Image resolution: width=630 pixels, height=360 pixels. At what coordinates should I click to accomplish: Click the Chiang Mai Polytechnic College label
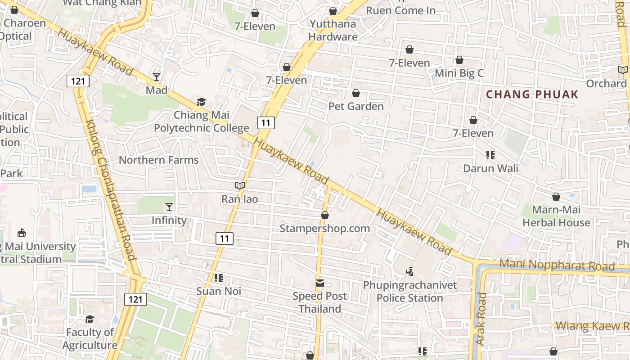click(x=201, y=121)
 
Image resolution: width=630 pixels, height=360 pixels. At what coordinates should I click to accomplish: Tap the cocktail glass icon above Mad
click(x=157, y=77)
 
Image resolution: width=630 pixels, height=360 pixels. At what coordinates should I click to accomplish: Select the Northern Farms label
click(x=158, y=160)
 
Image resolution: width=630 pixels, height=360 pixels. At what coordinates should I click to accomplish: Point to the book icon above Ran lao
click(x=240, y=185)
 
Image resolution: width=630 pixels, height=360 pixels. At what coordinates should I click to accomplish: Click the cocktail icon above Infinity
click(x=169, y=207)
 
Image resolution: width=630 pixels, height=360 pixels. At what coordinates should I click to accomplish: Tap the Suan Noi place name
click(x=219, y=291)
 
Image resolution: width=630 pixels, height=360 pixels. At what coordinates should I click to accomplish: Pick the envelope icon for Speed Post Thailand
click(x=320, y=283)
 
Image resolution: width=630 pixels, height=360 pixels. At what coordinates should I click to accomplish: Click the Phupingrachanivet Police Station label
click(x=410, y=292)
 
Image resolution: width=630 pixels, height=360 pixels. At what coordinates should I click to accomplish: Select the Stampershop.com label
click(x=325, y=229)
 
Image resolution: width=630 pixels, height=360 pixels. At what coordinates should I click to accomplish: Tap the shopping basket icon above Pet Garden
click(x=356, y=94)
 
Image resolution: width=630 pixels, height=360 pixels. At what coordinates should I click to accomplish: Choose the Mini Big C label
click(x=459, y=73)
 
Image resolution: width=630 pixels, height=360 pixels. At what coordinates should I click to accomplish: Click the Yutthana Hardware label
click(x=333, y=30)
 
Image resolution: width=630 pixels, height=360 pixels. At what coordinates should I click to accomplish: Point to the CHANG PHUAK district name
click(x=532, y=94)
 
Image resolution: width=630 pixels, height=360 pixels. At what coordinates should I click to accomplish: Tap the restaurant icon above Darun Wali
click(x=490, y=155)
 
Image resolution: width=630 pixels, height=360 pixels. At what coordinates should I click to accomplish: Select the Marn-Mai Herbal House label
click(x=556, y=216)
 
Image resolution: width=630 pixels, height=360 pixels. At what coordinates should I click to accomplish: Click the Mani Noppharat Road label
click(x=557, y=265)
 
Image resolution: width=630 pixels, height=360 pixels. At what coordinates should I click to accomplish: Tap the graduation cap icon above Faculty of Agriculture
click(x=90, y=319)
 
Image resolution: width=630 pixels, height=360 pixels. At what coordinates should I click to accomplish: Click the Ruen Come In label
click(x=401, y=10)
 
